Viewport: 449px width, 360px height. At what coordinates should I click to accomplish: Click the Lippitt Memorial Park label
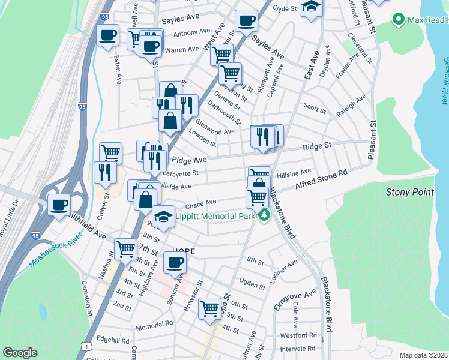215,215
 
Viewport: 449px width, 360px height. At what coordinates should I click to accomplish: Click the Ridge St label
317,146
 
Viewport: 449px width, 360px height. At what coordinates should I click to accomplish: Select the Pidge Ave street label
189,160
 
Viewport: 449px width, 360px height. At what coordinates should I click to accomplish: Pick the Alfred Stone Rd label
321,179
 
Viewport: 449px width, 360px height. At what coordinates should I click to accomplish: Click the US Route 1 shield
88,346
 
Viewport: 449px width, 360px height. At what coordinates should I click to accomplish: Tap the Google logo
20,353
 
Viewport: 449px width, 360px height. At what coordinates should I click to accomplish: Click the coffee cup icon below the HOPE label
175,262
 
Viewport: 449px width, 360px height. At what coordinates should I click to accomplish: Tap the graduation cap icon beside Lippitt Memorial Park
163,216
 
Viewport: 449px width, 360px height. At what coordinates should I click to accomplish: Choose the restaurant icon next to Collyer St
106,172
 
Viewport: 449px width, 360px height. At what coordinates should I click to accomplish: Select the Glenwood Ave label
215,131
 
